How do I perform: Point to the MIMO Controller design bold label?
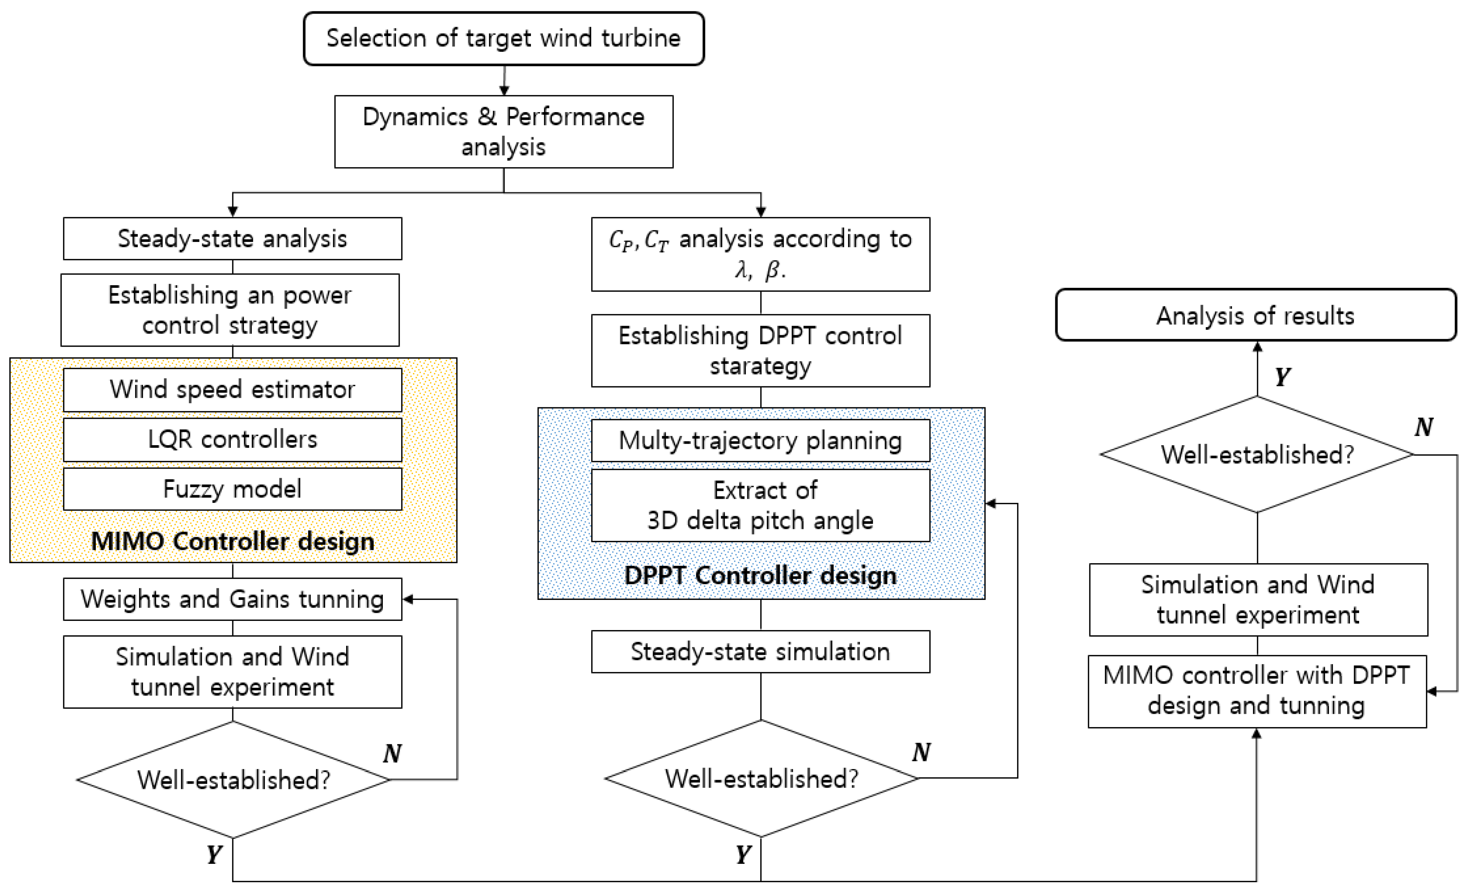[233, 541]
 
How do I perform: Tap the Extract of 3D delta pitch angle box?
[760, 505]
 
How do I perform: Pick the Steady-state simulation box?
[760, 651]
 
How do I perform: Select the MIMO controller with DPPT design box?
[1256, 691]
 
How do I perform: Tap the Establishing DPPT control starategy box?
[760, 351]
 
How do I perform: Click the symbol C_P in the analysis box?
[620, 240]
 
